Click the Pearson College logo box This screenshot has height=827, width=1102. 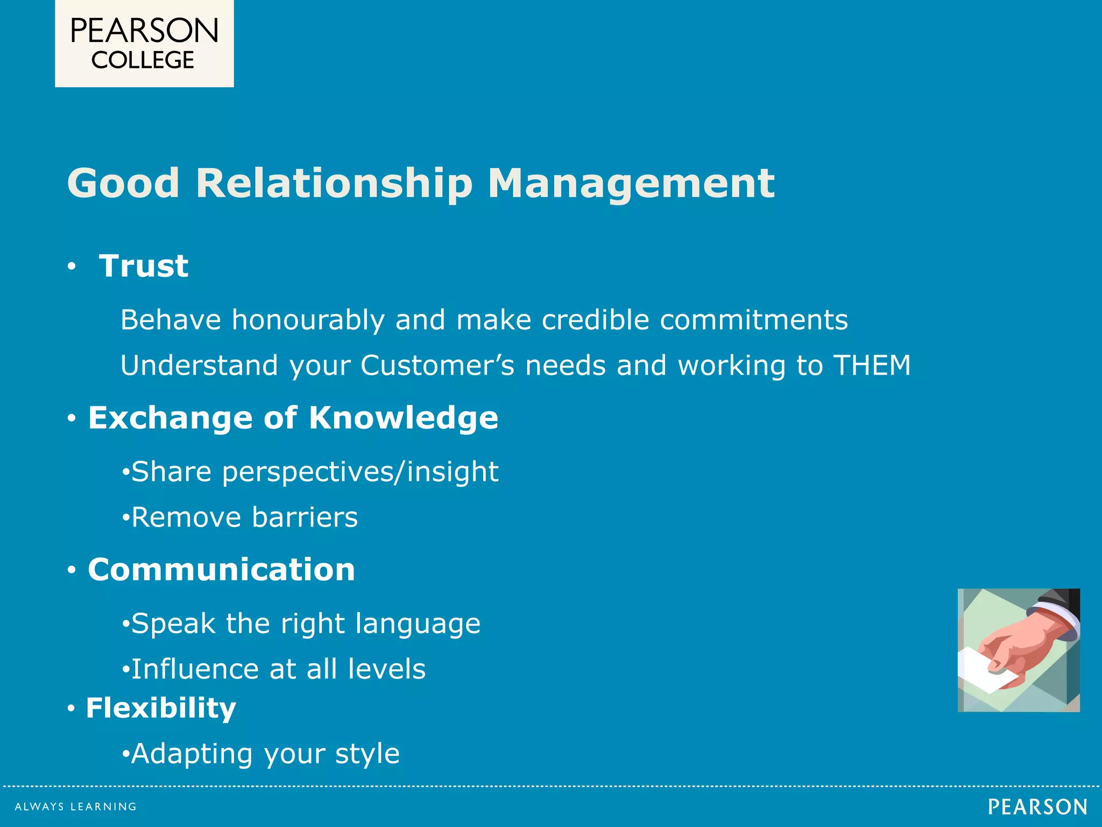pyautogui.click(x=144, y=43)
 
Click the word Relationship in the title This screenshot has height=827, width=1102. pyautogui.click(x=334, y=183)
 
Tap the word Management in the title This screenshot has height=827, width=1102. pyautogui.click(x=631, y=183)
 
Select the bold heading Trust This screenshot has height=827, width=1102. pyautogui.click(x=144, y=266)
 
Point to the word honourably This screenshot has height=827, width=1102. pyautogui.click(x=308, y=320)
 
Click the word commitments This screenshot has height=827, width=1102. pyautogui.click(x=753, y=320)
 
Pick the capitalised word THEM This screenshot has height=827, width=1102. pyautogui.click(x=872, y=365)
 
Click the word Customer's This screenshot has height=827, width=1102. pyautogui.click(x=437, y=365)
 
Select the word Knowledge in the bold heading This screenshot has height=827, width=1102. pyautogui.click(x=403, y=418)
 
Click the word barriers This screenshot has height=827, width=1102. pyautogui.click(x=305, y=517)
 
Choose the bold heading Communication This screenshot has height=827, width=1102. pyautogui.click(x=222, y=570)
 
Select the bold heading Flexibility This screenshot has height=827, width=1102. pyautogui.click(x=161, y=707)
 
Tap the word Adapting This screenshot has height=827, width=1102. pyautogui.click(x=192, y=754)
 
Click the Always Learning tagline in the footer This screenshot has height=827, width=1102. pyautogui.click(x=75, y=807)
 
